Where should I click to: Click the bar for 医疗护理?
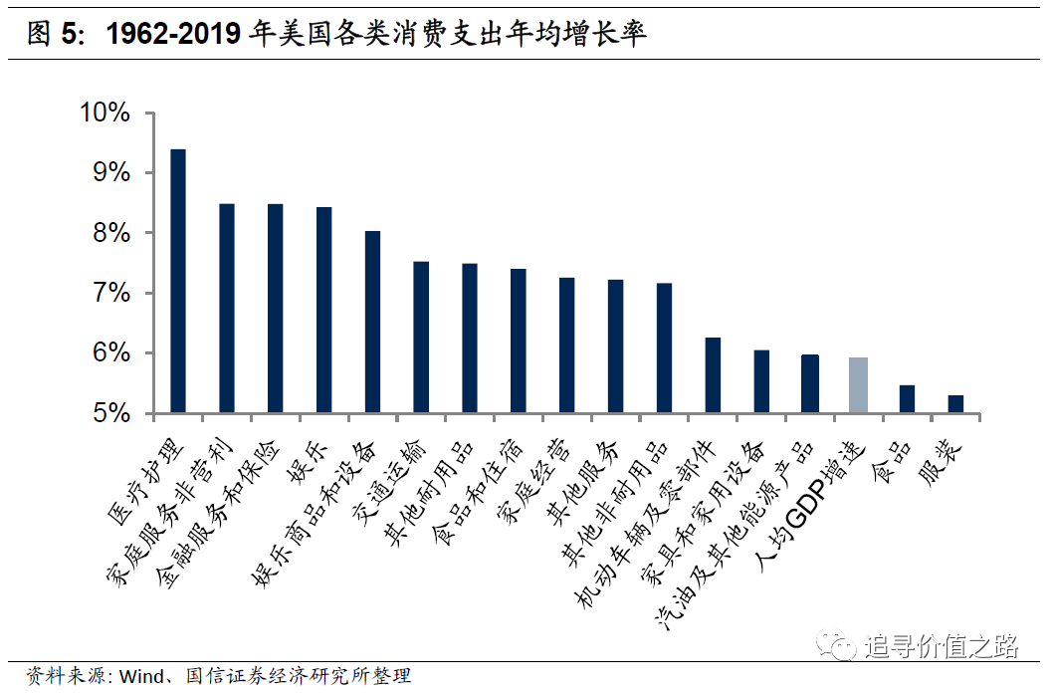click(178, 281)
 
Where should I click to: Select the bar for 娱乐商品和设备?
click(372, 322)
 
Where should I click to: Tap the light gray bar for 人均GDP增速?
click(858, 384)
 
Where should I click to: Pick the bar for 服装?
click(955, 403)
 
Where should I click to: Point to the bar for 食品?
click(907, 398)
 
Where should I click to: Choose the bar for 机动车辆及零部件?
click(713, 375)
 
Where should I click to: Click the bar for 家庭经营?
click(566, 345)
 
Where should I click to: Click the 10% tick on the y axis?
click(105, 113)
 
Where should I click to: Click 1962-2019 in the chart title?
click(174, 35)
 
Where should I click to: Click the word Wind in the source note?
click(140, 677)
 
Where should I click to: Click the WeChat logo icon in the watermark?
click(837, 645)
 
